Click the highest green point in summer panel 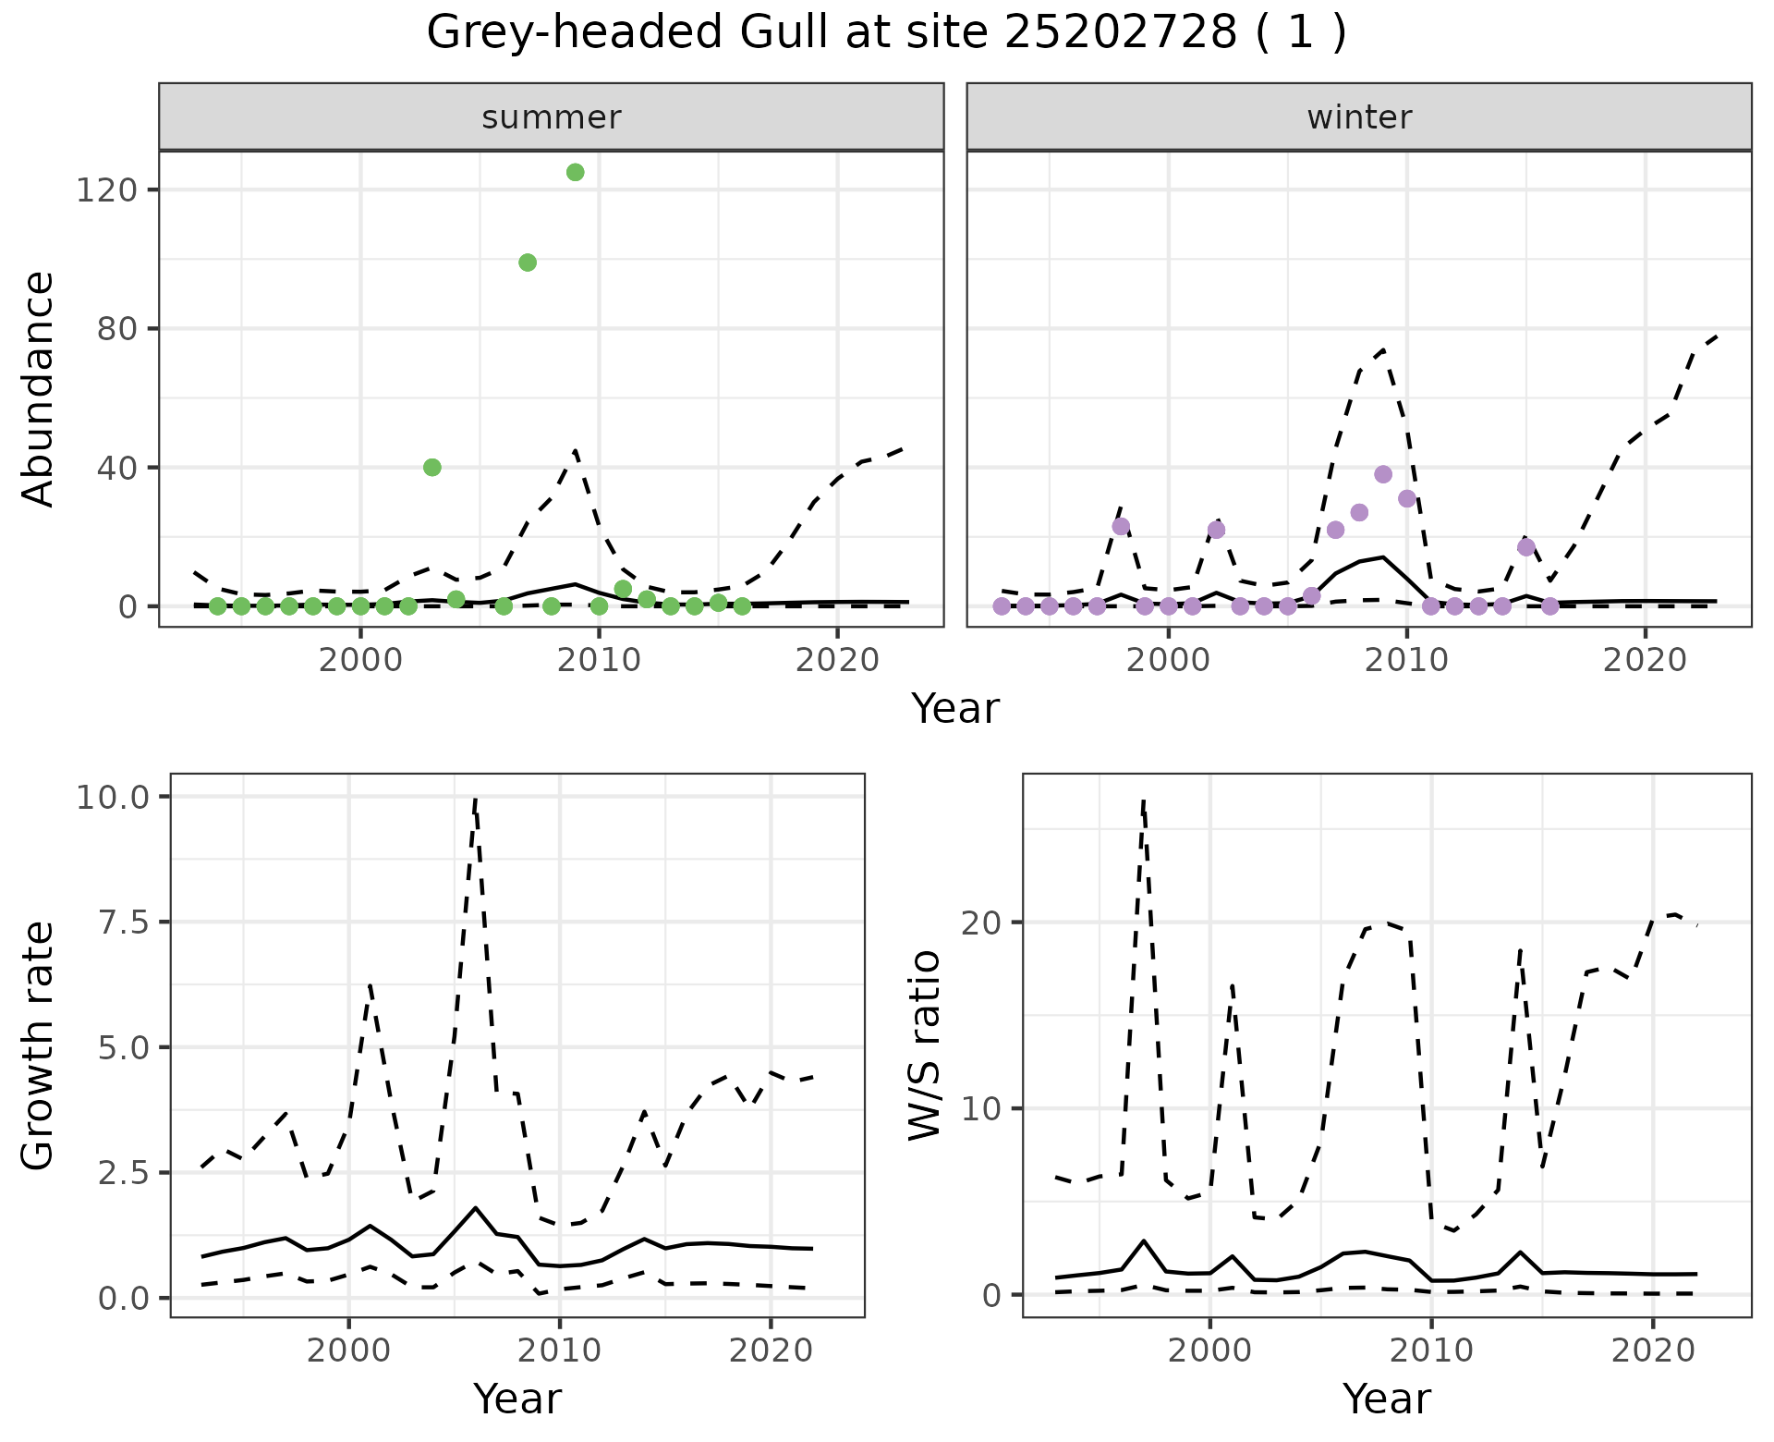[575, 173]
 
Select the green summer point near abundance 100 [528, 263]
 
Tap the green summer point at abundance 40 [431, 468]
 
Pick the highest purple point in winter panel [1383, 474]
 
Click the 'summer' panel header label [552, 117]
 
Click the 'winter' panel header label [1359, 117]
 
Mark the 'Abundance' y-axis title [39, 388]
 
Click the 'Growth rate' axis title [39, 1045]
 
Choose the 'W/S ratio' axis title [924, 1045]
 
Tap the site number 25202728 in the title [1119, 33]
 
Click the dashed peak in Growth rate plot [474, 800]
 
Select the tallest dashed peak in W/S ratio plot [1143, 802]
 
